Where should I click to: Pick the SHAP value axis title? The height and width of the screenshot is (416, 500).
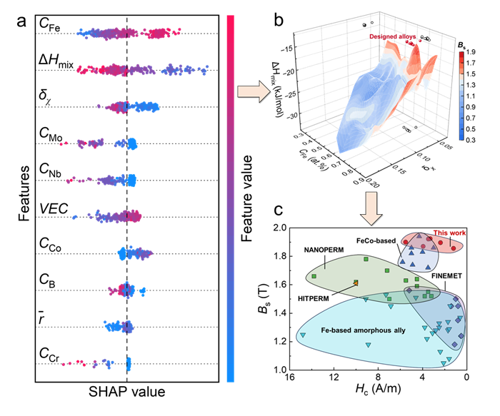pos(127,392)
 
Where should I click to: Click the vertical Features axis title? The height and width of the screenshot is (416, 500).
pos(16,196)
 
